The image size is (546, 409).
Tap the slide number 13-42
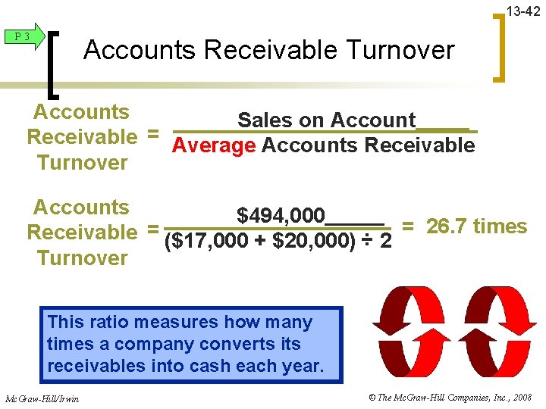[523, 11]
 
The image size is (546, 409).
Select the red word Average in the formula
[214, 145]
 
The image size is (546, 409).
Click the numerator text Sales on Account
[326, 120]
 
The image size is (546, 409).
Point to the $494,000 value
[281, 216]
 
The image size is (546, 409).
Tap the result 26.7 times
[476, 226]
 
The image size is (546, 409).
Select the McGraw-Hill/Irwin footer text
[42, 398]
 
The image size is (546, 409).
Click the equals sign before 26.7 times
[407, 226]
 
